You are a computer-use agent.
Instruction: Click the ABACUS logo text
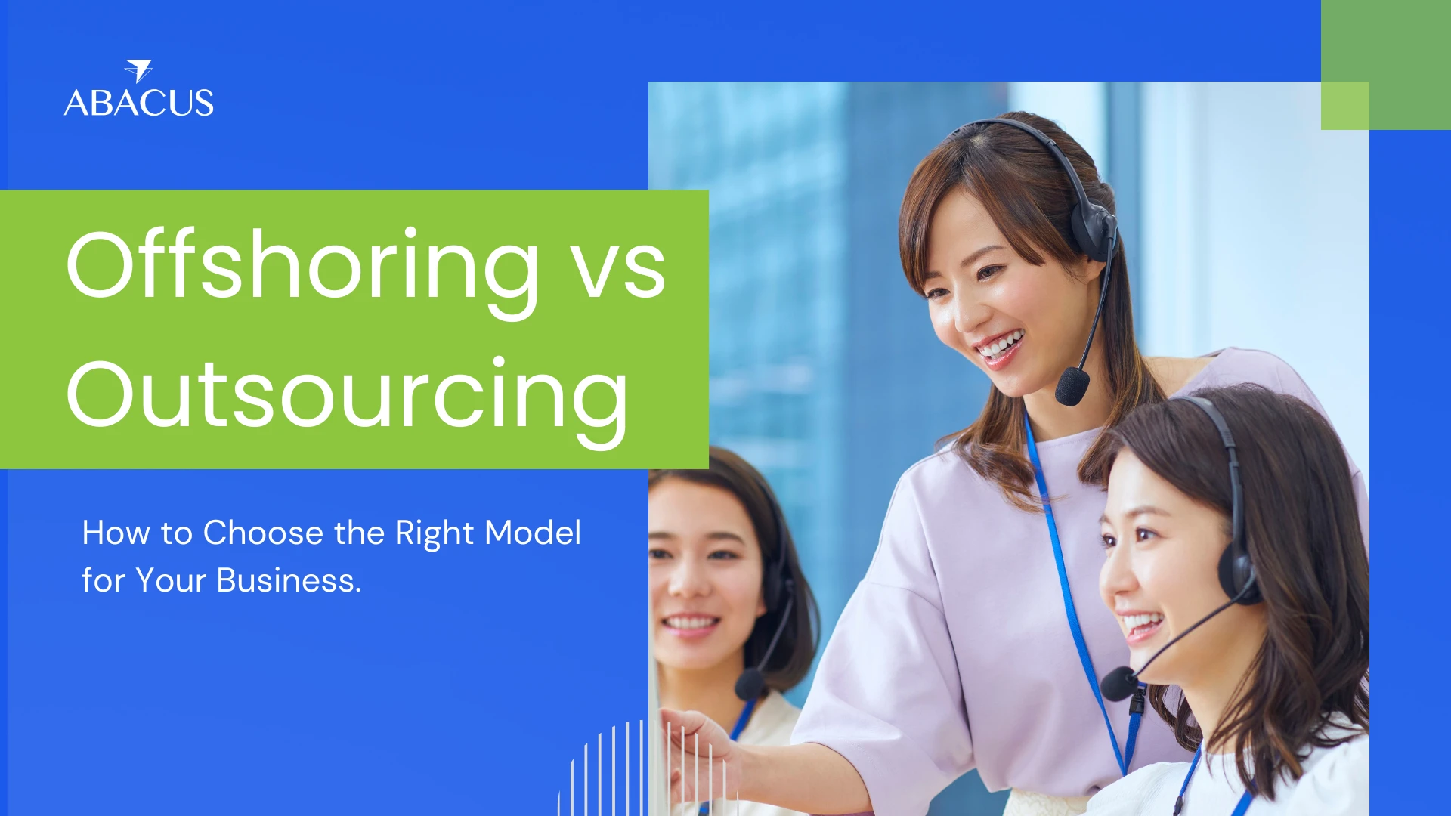point(139,103)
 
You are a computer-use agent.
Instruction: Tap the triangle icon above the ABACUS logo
point(139,70)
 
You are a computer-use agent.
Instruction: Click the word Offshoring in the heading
point(302,266)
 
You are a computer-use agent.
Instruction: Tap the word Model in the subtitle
point(533,533)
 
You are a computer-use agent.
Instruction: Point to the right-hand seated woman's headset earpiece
point(1236,575)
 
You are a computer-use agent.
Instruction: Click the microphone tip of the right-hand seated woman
point(1118,684)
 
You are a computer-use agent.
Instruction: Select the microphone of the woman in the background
point(750,683)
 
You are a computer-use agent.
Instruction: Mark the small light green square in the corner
point(1345,106)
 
